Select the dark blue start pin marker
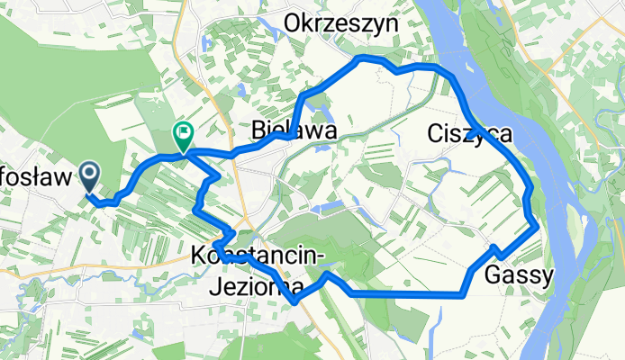91,175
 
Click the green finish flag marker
183,137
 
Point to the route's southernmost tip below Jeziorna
295,302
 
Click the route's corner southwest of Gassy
461,292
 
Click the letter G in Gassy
493,276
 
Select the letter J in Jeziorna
213,286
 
